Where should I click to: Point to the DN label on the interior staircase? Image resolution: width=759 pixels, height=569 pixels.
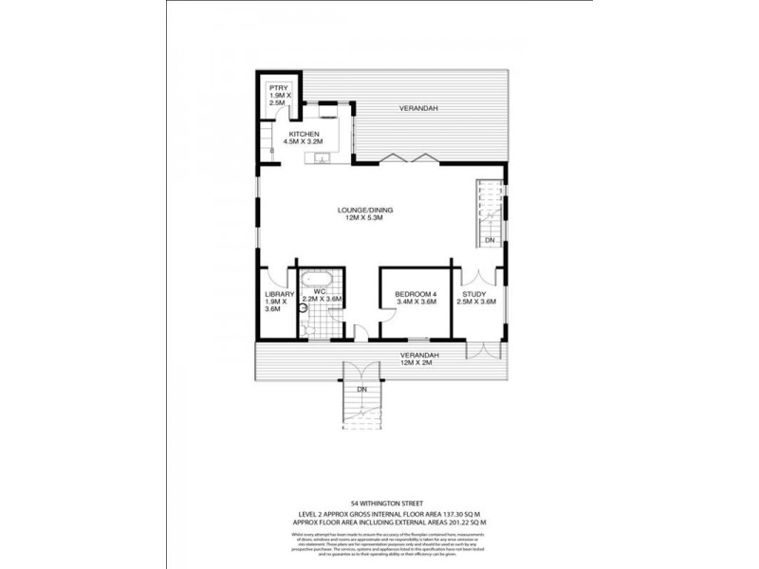[489, 241]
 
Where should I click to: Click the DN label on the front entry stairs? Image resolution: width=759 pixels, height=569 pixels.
[361, 390]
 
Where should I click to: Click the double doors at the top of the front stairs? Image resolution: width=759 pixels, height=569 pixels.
[361, 372]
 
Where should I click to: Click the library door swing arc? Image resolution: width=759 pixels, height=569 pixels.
[276, 277]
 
